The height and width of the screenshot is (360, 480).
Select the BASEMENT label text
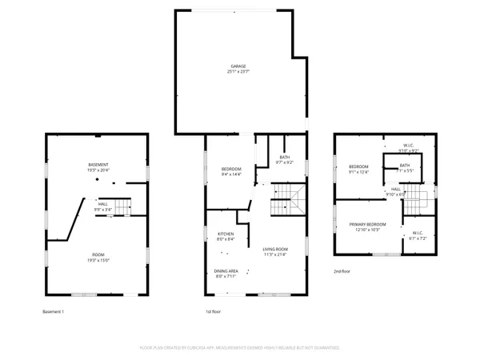tap(98, 165)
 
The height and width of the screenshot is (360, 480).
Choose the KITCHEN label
tap(226, 234)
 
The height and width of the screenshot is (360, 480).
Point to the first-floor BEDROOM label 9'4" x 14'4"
tap(231, 170)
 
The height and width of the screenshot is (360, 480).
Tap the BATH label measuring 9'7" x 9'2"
tap(284, 158)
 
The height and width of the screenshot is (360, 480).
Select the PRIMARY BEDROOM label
tap(367, 225)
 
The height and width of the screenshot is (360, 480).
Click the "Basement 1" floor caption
tap(55, 311)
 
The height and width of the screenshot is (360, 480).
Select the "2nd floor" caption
tap(343, 271)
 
